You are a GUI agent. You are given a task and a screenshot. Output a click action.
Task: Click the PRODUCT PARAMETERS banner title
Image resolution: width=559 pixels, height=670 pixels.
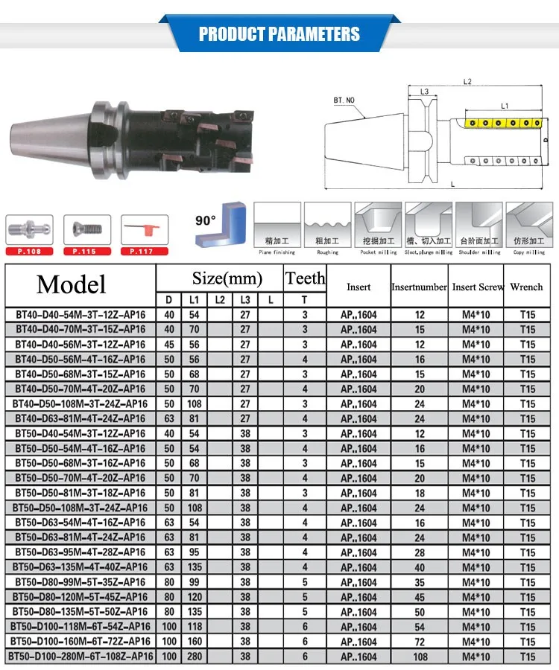pos(279,34)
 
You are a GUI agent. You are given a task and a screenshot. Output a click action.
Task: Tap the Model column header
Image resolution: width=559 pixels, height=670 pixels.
pos(72,284)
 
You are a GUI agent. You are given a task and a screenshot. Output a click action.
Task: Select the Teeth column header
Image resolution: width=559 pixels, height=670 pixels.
pos(306,278)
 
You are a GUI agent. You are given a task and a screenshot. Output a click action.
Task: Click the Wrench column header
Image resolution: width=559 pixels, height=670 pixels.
pos(526,287)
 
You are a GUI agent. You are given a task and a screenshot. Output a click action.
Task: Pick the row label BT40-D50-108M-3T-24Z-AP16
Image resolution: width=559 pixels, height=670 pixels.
pos(80,404)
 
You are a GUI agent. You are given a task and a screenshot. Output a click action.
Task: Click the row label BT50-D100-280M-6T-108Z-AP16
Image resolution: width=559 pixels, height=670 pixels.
pos(80,657)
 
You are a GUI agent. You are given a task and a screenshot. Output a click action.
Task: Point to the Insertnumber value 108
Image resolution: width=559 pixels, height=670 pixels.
pos(420,657)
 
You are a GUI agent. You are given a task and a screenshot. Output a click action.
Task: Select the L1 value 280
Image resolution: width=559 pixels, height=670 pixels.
pos(194,657)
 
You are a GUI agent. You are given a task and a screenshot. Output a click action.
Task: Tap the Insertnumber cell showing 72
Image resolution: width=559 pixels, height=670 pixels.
pos(420,642)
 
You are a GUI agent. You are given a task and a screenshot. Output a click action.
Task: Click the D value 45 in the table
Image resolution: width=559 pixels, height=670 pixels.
pos(168,345)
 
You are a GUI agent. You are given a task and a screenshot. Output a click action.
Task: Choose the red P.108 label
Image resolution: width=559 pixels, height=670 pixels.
pos(29,252)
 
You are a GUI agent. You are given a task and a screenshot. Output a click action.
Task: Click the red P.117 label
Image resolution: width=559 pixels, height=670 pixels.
pos(140,252)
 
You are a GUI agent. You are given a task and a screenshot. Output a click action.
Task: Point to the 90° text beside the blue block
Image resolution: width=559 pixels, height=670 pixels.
pos(206,220)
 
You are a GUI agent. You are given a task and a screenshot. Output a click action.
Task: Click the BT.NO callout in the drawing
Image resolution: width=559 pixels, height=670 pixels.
pos(344,100)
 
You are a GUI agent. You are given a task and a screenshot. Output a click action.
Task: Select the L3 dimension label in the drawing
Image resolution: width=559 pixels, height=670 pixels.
pos(424,92)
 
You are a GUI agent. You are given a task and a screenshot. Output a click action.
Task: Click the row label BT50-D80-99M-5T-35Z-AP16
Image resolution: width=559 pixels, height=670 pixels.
pos(80,582)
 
